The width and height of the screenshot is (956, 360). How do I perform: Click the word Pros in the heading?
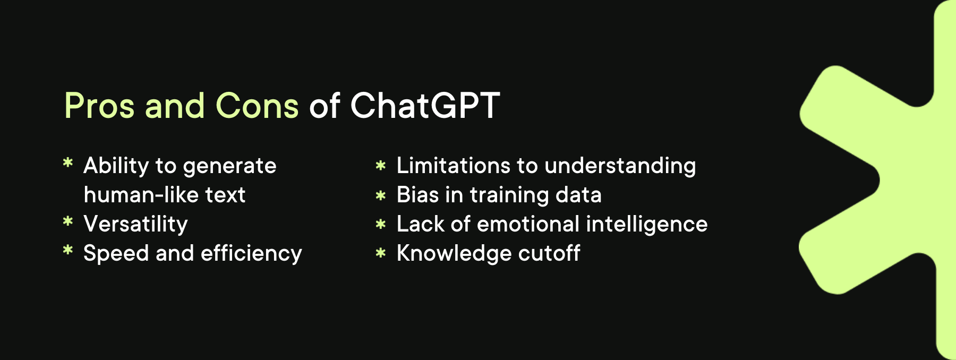tap(99, 106)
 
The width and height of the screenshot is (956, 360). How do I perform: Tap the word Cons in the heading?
tap(257, 106)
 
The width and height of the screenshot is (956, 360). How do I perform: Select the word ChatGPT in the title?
tap(425, 106)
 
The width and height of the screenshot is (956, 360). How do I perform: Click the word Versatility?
tap(135, 224)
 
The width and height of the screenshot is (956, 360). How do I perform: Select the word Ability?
tap(116, 166)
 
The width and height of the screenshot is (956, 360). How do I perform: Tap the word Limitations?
tap(453, 166)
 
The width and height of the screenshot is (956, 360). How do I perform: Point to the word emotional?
tap(528, 224)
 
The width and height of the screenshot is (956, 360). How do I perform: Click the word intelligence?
tap(647, 224)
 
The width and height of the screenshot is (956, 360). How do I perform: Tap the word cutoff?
tap(549, 253)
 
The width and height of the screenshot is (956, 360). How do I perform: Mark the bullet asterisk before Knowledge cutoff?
tap(380, 253)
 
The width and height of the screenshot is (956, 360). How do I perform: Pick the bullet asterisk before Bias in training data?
tap(380, 195)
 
